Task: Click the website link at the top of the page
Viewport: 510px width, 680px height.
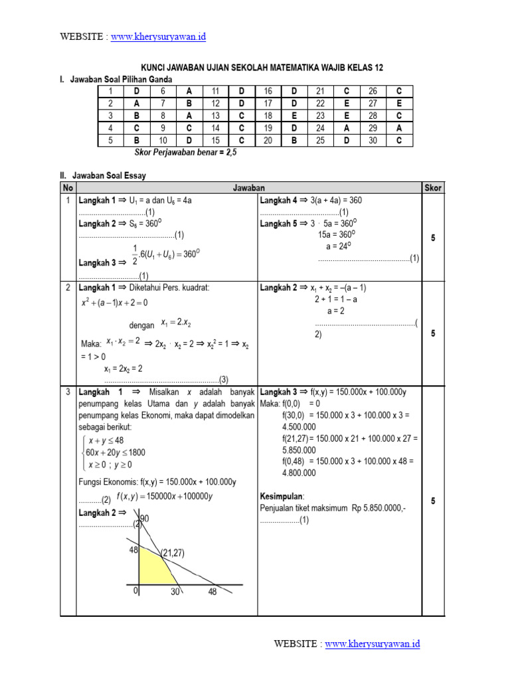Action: tap(158, 37)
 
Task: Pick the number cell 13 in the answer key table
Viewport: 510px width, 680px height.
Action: tap(215, 116)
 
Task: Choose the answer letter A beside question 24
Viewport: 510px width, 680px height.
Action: tap(345, 127)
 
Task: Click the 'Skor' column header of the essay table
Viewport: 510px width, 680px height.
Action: tap(432, 188)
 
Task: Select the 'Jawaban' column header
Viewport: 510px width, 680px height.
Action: tap(249, 188)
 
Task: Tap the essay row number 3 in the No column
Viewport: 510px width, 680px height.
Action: tap(68, 392)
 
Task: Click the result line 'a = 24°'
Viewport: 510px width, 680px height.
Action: tap(339, 246)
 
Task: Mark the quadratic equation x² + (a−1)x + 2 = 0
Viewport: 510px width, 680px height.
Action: tap(114, 302)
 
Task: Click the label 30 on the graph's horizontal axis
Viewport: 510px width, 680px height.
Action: tap(175, 592)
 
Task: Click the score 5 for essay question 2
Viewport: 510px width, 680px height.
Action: tap(432, 333)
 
